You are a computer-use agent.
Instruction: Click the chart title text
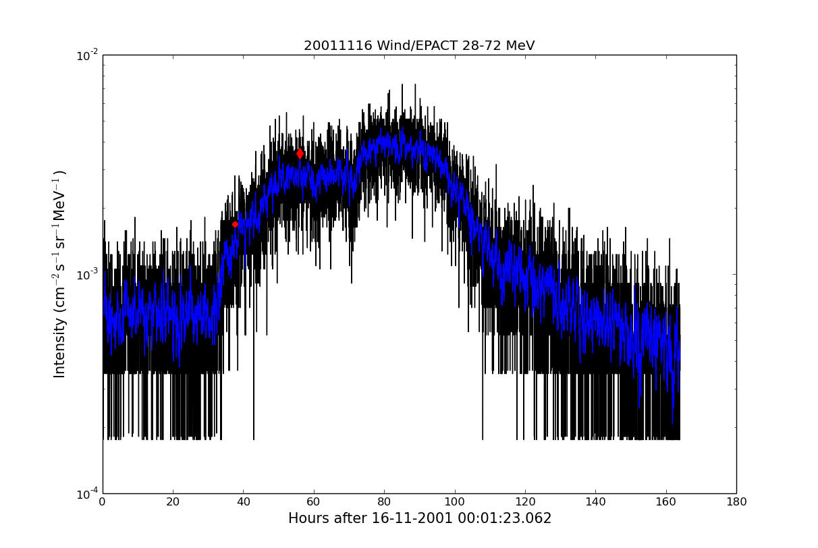(x=419, y=46)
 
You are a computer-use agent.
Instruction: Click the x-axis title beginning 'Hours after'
(x=419, y=518)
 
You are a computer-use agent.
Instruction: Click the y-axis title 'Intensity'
(x=60, y=273)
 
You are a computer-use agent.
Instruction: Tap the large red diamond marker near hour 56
(x=300, y=154)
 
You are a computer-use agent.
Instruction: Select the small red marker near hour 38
(x=235, y=224)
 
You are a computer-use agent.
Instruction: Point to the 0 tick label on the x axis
(x=103, y=502)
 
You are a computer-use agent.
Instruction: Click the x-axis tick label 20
(x=173, y=502)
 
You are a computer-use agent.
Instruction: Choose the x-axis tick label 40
(x=243, y=502)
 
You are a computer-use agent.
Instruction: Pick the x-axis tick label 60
(x=314, y=502)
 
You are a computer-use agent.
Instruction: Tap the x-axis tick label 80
(x=384, y=502)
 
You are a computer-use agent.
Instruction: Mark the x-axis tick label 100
(x=454, y=502)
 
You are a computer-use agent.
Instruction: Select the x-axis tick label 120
(x=525, y=502)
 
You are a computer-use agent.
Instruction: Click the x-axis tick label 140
(x=595, y=502)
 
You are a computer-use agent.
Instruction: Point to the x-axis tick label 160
(x=665, y=502)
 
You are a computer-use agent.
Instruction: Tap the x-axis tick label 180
(x=736, y=502)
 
